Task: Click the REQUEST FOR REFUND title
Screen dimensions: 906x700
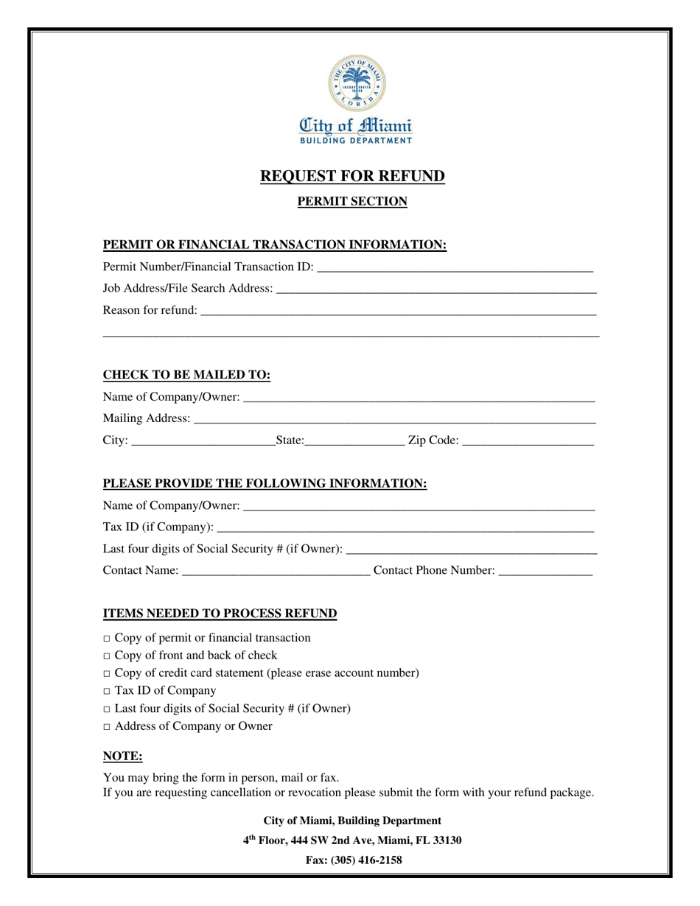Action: [352, 176]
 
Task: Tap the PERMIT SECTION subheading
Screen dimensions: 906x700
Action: [352, 201]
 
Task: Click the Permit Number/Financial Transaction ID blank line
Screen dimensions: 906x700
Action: [454, 268]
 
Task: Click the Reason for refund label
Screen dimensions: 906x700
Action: [150, 310]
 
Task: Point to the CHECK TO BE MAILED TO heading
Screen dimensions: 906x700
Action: [186, 376]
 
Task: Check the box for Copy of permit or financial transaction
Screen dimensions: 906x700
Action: [107, 639]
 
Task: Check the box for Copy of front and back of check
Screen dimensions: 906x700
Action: [107, 656]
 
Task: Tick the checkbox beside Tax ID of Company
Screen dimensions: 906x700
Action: [107, 692]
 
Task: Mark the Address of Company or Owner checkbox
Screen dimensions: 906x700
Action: [107, 727]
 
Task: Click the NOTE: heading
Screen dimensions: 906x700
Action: [122, 756]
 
